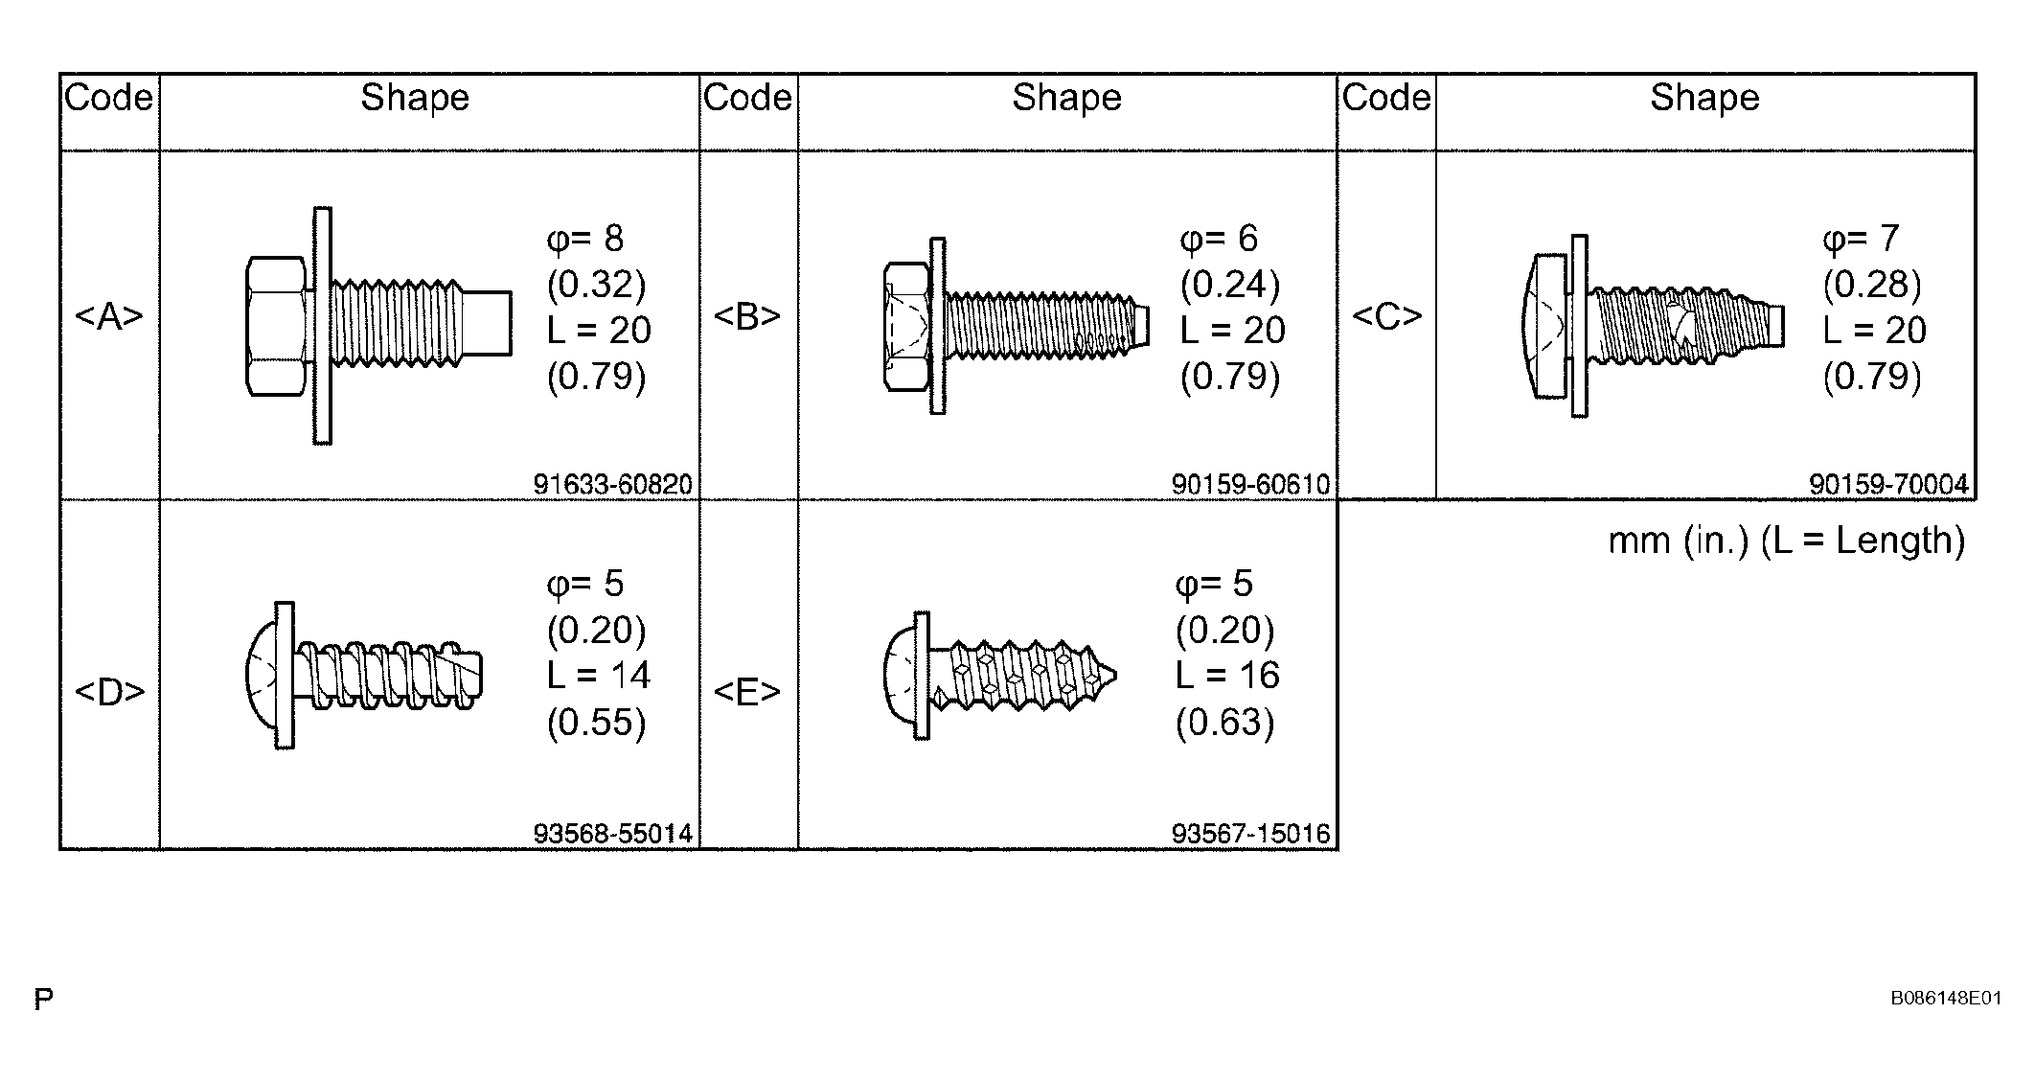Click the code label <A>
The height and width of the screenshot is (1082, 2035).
click(109, 315)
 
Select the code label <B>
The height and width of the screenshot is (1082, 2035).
click(747, 315)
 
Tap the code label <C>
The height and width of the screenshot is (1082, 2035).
click(1386, 315)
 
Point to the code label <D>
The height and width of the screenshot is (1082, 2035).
click(109, 691)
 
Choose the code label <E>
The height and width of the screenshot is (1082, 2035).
click(747, 691)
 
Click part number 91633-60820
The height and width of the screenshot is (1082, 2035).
click(613, 484)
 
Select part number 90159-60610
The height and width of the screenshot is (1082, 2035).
click(1251, 484)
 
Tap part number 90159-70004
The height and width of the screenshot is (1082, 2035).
click(1889, 484)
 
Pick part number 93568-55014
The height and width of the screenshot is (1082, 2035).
click(613, 834)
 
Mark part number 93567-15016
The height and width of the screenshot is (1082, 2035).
click(1251, 834)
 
